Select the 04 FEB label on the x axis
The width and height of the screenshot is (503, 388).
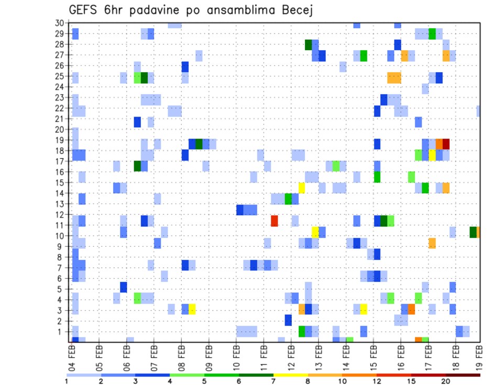point(72,356)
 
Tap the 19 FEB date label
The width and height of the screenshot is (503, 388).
point(480,356)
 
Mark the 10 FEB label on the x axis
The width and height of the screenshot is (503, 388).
point(236,356)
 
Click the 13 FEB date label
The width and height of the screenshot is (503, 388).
point(318,356)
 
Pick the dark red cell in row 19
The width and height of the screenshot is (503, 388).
point(446,144)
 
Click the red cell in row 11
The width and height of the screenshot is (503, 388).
point(274,221)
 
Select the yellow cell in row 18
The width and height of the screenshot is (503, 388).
point(432,155)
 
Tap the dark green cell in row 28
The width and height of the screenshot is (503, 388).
point(309,45)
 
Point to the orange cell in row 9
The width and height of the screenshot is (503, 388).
point(432,243)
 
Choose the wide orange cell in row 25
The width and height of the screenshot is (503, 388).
point(394,77)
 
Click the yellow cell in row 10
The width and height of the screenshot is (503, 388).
point(315,232)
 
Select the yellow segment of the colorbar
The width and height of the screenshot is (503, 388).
point(291,375)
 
